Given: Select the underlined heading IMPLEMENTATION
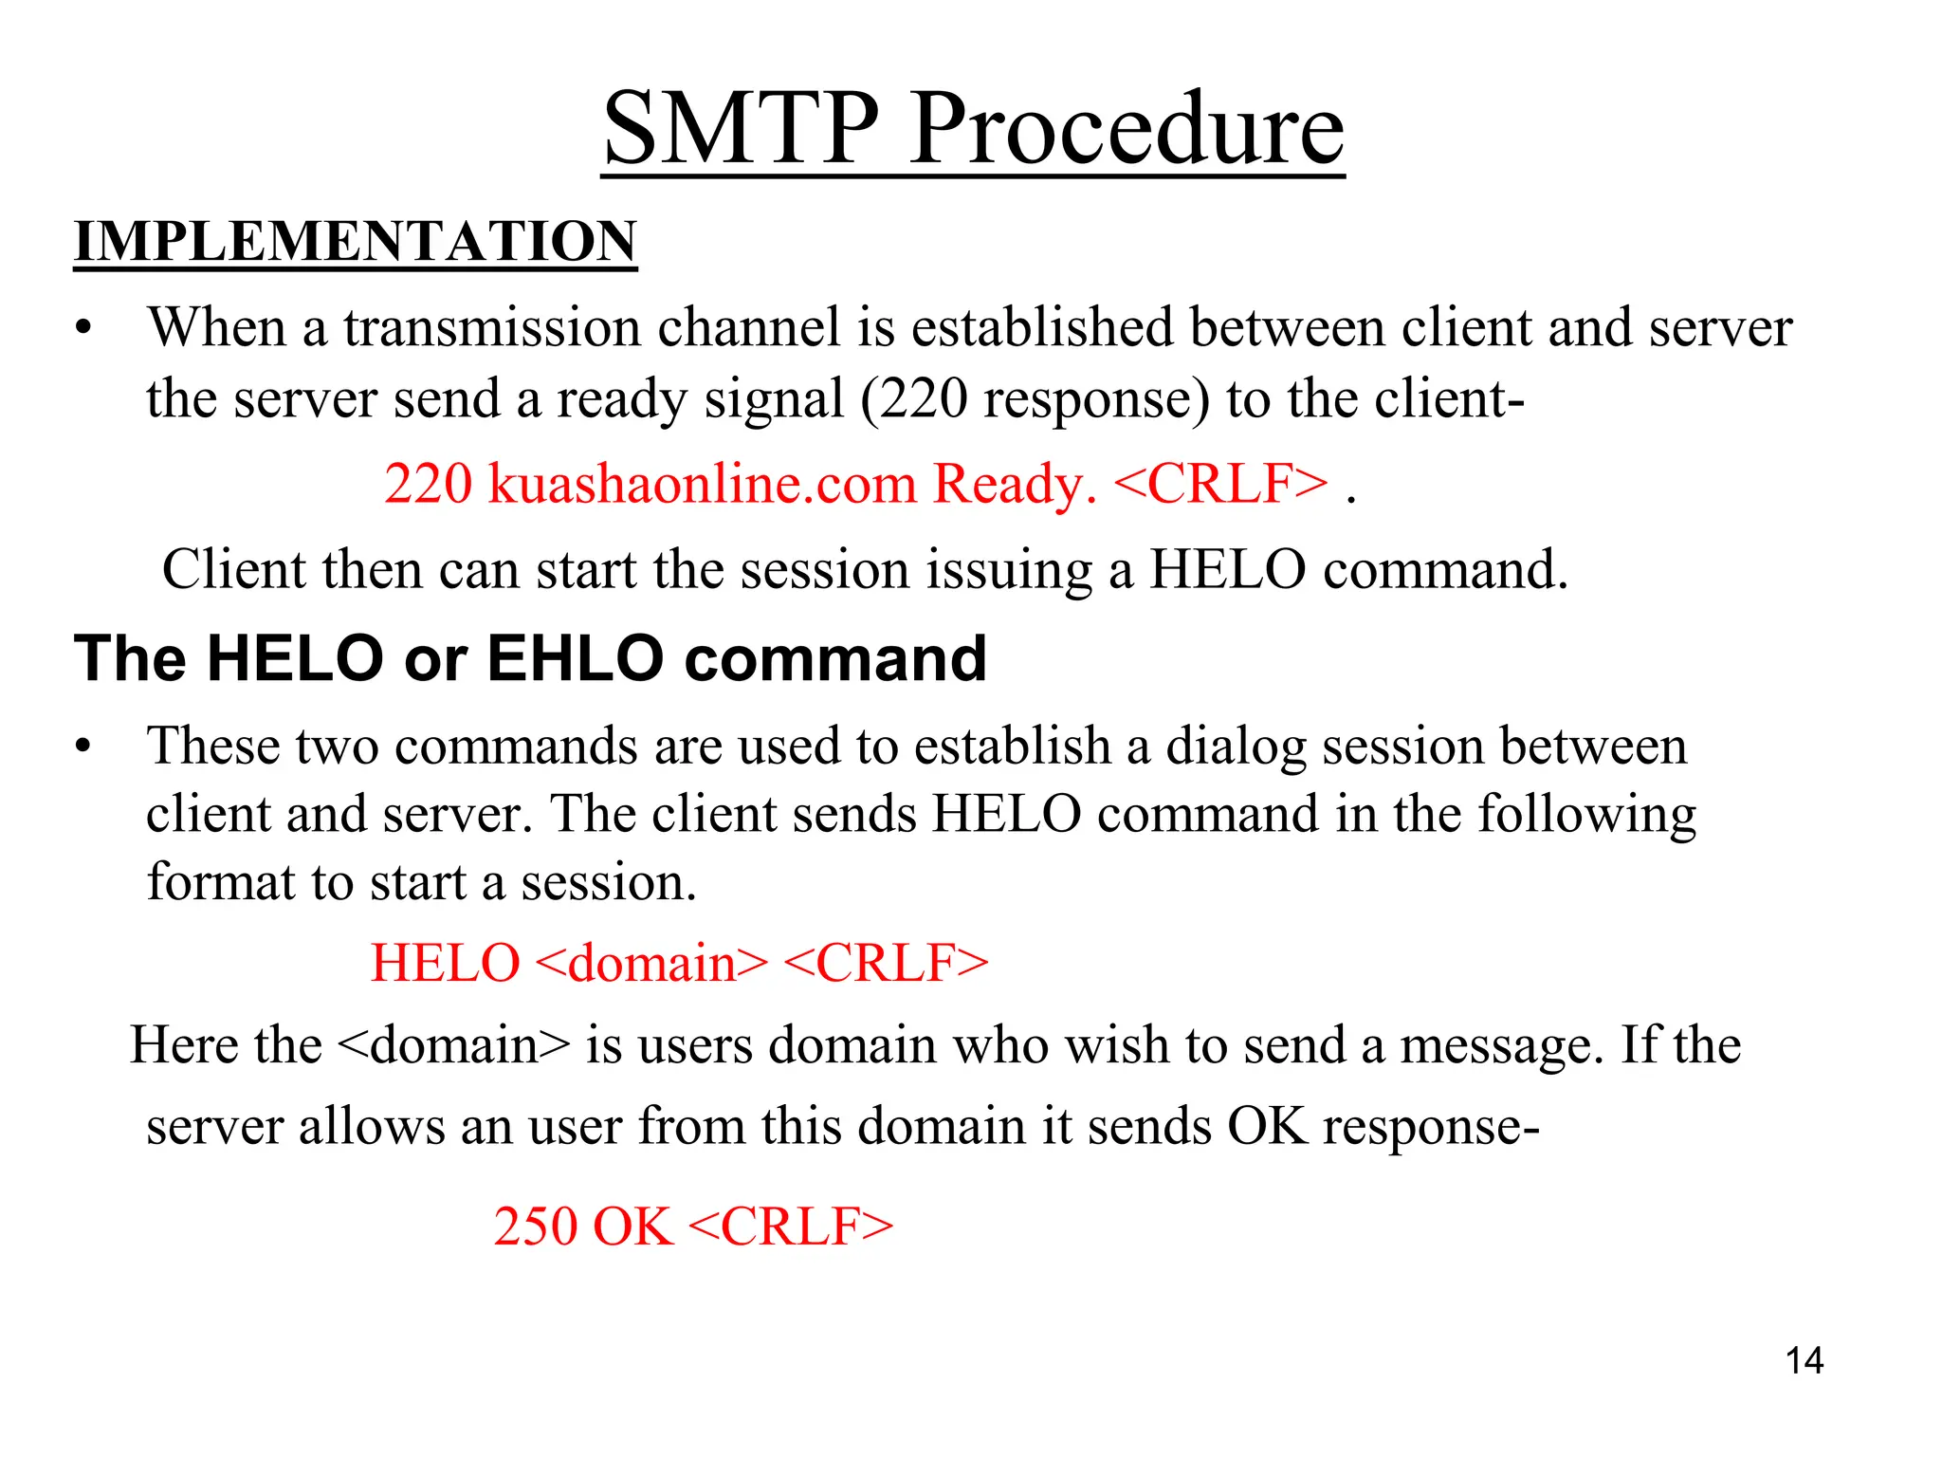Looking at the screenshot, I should point(356,241).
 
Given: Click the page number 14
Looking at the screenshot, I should point(1804,1361).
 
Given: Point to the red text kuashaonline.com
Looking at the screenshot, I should point(703,484).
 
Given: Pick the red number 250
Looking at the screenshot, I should point(536,1226).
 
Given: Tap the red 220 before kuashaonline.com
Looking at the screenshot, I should point(428,484).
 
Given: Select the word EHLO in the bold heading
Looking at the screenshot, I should point(576,658).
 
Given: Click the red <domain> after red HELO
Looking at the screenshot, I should point(651,964).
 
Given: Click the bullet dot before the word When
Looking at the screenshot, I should point(84,329).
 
